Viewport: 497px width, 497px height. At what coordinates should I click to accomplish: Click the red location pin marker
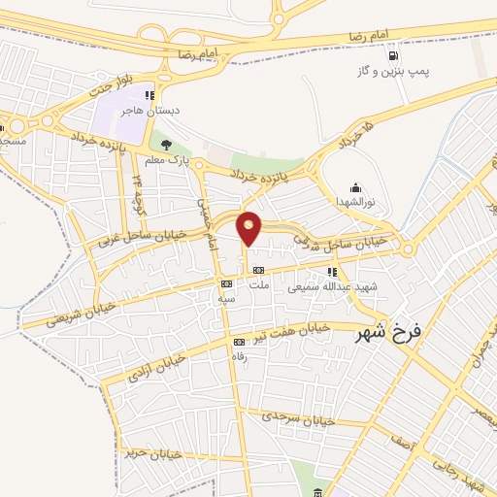249,227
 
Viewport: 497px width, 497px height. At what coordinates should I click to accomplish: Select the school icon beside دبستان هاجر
149,95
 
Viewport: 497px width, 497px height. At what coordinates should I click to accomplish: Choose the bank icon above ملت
257,270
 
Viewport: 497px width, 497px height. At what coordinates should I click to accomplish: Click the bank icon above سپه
226,283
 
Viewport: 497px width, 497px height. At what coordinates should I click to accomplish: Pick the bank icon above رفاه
239,342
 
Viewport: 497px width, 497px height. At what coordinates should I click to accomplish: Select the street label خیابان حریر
147,450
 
